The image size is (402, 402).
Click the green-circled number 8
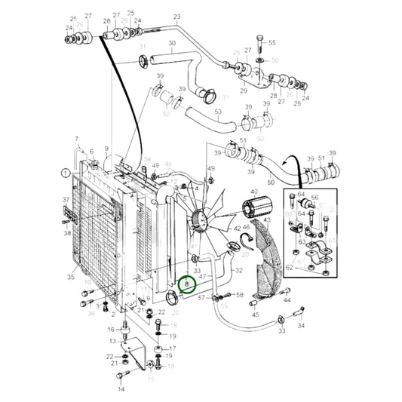[186, 284]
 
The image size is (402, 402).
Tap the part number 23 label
[177, 16]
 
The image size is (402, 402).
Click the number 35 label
[71, 278]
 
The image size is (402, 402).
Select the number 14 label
[120, 390]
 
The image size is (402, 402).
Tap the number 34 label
[302, 326]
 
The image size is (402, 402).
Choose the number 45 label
[255, 315]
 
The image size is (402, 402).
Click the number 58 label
[240, 295]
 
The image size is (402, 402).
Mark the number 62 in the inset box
[289, 266]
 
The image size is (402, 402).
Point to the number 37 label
[66, 201]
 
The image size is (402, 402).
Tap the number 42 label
[237, 228]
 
